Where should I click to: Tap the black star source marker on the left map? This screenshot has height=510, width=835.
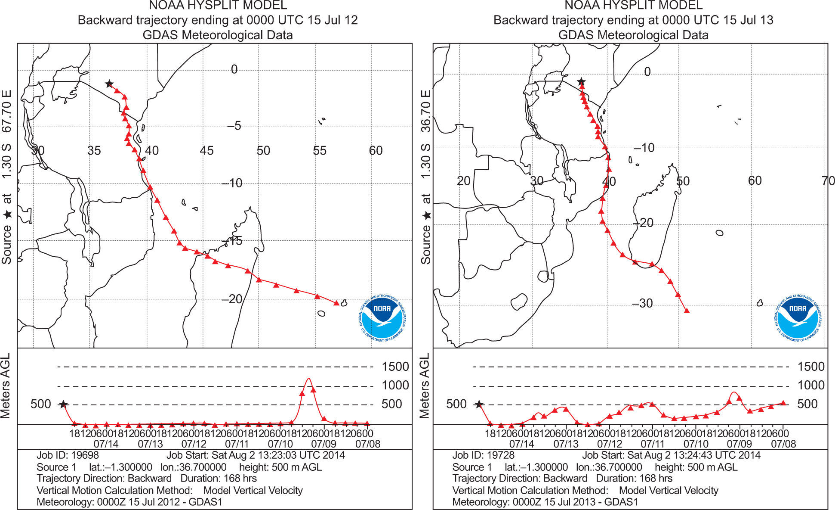point(109,84)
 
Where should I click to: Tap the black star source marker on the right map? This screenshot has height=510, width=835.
point(581,81)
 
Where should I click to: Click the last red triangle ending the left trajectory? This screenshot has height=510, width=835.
point(336,303)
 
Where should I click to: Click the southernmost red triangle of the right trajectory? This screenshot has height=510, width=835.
point(687,311)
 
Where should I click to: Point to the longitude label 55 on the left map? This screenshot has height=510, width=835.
point(320,150)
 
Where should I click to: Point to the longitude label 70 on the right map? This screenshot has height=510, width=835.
point(828,180)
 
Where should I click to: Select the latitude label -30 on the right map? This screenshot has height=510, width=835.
point(643,303)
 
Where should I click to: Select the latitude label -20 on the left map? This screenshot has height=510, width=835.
point(232,299)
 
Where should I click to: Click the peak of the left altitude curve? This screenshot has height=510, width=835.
point(308,379)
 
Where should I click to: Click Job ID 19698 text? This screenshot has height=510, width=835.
point(68,455)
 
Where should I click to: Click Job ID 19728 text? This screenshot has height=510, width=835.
point(483,455)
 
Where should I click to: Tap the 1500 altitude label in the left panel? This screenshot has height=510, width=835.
point(395,367)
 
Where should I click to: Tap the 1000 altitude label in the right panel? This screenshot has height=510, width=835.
point(811,385)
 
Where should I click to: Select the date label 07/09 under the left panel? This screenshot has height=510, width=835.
point(324,444)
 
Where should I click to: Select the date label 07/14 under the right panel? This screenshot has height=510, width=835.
point(521,444)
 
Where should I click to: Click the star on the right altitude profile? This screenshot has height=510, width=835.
point(479,404)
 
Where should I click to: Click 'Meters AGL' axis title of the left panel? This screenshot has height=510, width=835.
point(6,386)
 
